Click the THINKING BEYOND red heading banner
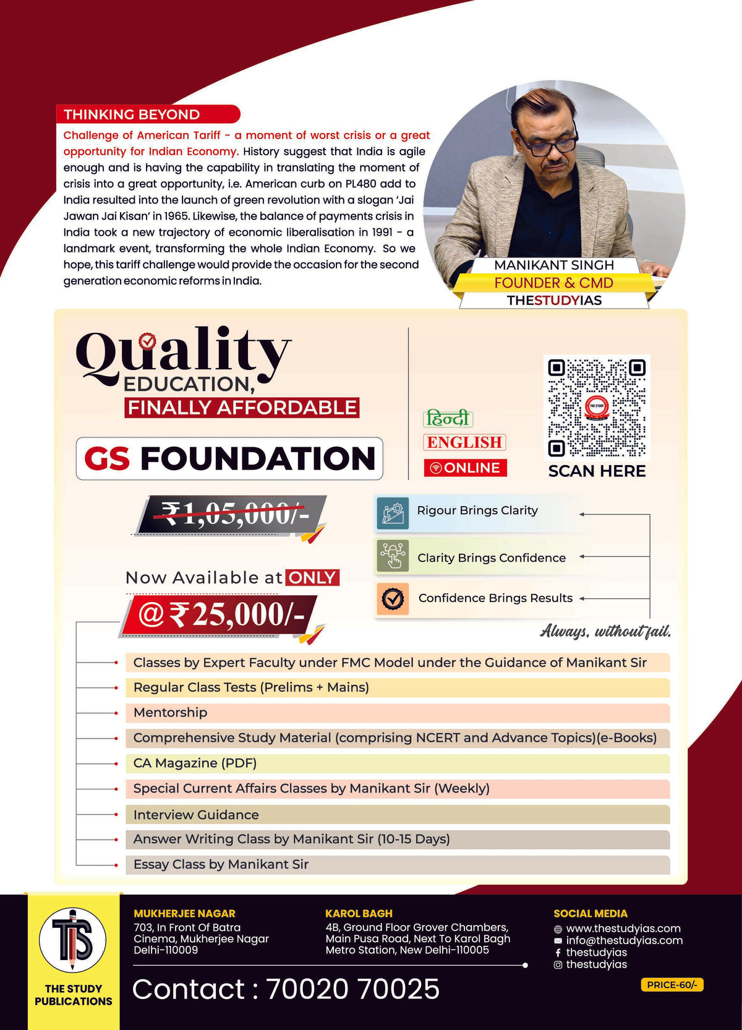tap(147, 114)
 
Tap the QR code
tap(597, 408)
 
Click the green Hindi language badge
tap(448, 419)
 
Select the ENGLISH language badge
tap(464, 442)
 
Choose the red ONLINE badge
tap(465, 468)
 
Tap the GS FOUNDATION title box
tap(229, 458)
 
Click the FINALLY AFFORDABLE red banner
tap(242, 408)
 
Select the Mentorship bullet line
tap(170, 713)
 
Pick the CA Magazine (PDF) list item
tap(195, 763)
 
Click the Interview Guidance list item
tap(196, 815)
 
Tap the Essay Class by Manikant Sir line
tap(221, 864)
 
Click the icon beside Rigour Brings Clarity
tap(392, 513)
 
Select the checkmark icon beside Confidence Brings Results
tap(392, 598)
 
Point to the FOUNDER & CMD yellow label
tap(553, 283)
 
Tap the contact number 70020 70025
tap(352, 989)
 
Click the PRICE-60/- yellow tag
tap(672, 985)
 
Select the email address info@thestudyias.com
tap(624, 940)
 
